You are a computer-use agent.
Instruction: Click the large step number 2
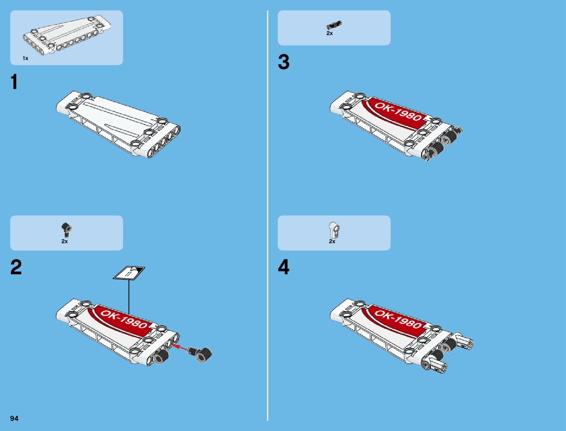16,268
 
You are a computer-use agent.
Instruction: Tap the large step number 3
284,62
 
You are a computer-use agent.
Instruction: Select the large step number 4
284,268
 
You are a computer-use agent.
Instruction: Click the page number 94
14,418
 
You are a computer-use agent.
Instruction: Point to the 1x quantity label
25,58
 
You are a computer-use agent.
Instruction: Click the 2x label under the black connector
64,241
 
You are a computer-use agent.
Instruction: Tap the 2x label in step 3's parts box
329,33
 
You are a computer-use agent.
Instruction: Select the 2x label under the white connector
332,241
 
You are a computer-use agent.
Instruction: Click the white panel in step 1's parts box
67,35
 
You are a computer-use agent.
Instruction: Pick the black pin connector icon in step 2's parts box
66,229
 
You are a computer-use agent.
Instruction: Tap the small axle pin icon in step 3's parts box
334,25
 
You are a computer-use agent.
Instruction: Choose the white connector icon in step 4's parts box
334,229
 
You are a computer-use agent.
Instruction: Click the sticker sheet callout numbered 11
129,273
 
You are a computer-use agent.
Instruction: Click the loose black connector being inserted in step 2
201,353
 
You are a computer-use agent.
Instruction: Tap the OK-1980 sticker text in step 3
398,111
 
